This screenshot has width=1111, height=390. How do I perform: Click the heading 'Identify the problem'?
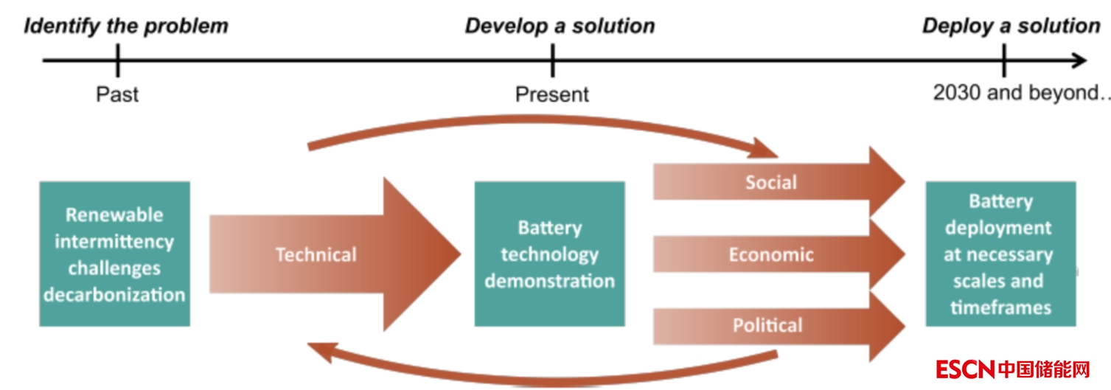(x=126, y=27)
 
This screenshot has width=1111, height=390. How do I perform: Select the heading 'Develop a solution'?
(x=560, y=27)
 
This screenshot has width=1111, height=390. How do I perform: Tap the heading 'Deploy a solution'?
(x=1011, y=27)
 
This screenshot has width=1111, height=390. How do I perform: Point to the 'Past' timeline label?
(x=117, y=94)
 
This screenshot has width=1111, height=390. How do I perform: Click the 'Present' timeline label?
(x=552, y=94)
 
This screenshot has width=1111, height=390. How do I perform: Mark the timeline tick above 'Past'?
(x=117, y=60)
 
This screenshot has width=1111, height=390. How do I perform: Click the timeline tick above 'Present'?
(x=552, y=60)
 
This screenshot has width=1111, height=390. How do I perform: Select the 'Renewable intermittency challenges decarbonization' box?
(x=114, y=254)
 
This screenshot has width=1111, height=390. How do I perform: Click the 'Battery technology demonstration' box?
(x=549, y=254)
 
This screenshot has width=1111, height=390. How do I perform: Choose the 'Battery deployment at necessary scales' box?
(x=1000, y=254)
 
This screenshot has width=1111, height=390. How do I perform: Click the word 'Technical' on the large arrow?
(x=316, y=255)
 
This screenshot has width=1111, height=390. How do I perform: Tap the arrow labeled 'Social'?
(x=771, y=182)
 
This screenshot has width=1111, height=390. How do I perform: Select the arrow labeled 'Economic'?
(x=771, y=255)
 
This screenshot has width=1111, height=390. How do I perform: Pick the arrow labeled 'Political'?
(x=767, y=325)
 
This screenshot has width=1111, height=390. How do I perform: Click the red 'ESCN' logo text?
(x=965, y=369)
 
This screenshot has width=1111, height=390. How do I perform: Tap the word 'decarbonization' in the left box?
(x=114, y=295)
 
